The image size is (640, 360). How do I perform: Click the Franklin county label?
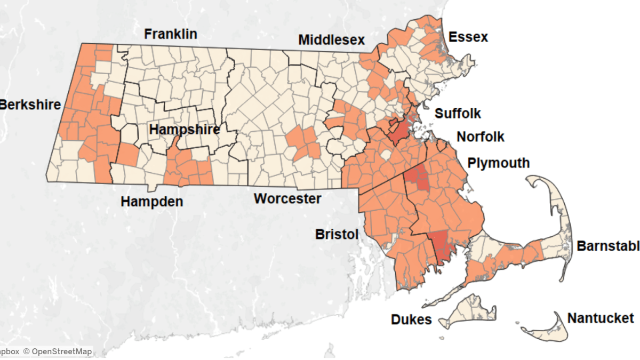pos(171,34)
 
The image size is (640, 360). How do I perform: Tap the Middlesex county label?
pos(331,39)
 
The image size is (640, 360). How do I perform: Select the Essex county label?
pos(468,37)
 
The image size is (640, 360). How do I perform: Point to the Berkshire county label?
pos(30,105)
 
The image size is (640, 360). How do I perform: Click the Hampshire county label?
pos(184,130)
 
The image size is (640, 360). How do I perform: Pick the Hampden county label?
pos(151,202)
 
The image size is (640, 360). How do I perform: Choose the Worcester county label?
pos(287,199)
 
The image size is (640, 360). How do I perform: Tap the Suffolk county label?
pos(458,114)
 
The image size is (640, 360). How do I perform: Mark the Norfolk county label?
pos(481,137)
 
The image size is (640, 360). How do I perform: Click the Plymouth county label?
pos(499,163)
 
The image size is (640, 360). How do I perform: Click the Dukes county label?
pos(411,320)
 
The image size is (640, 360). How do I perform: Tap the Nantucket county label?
pos(601,318)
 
